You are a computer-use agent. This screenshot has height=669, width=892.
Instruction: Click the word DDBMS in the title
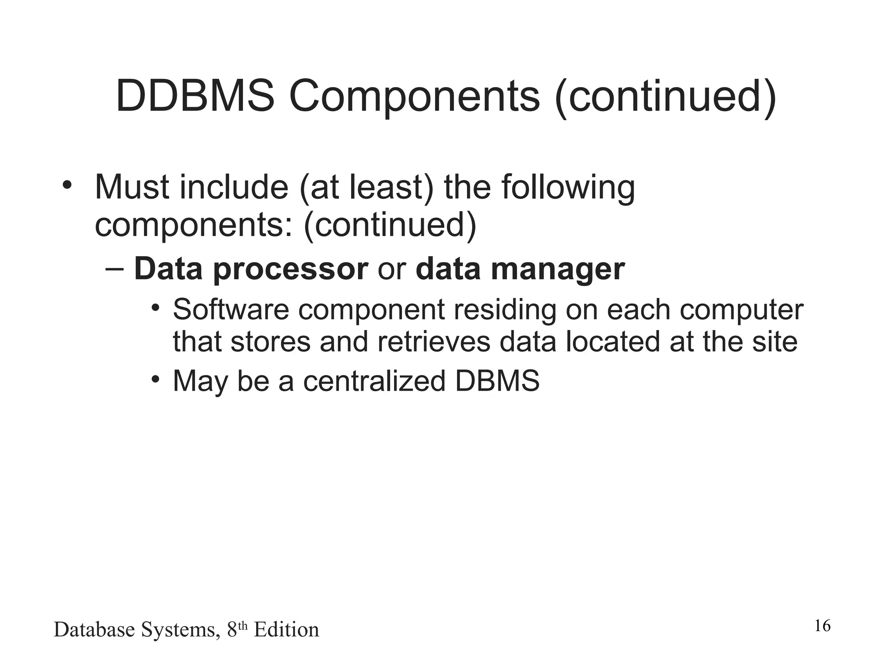click(x=195, y=96)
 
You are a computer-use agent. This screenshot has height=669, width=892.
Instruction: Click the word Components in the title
click(x=414, y=96)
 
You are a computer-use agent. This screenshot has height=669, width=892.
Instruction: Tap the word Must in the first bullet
click(x=132, y=187)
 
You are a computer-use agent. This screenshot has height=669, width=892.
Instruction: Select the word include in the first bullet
click(x=234, y=187)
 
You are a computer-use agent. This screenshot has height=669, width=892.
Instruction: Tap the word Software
click(x=231, y=310)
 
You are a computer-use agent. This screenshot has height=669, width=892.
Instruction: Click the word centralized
click(x=374, y=381)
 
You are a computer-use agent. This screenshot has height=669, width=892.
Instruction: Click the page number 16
click(x=822, y=626)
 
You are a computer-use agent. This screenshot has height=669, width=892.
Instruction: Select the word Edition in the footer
click(x=286, y=630)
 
